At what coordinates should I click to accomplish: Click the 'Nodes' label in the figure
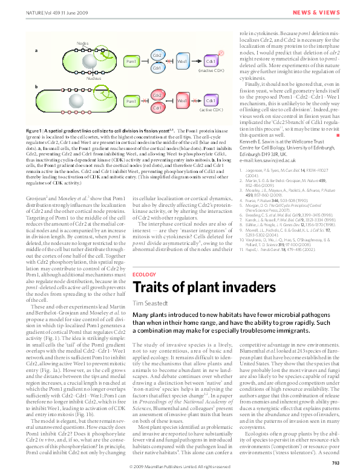83,43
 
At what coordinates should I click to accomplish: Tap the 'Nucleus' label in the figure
93,78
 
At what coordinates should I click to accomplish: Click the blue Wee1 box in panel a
182,62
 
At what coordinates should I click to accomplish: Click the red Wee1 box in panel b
182,100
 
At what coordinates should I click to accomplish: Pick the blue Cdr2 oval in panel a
157,56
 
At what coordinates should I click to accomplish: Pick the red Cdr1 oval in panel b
157,108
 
